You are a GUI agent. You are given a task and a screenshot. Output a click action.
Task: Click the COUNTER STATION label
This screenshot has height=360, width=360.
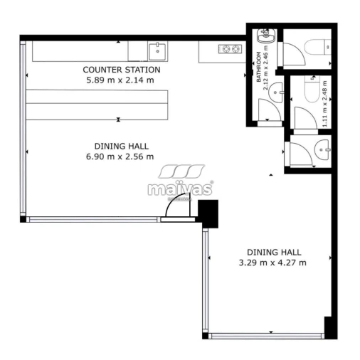point(122,70)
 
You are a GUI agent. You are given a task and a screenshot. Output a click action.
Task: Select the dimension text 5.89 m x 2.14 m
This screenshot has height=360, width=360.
point(120,80)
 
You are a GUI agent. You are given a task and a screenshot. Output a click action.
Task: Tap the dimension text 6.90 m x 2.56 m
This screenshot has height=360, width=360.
point(120,157)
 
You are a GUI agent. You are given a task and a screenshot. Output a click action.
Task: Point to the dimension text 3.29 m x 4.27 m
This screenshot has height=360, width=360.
point(272,263)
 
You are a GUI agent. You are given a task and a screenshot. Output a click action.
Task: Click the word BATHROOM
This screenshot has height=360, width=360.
point(258,67)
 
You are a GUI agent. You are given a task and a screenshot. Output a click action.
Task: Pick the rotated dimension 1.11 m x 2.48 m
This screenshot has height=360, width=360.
point(324,104)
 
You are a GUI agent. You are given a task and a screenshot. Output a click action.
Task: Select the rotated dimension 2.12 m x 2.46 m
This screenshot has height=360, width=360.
point(265,68)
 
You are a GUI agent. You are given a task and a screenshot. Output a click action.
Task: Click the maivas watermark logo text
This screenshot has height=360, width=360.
point(180,189)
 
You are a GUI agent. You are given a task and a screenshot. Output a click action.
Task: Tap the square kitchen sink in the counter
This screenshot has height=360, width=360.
point(157,51)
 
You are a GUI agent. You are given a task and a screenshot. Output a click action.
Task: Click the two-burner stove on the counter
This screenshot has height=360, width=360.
point(231,49)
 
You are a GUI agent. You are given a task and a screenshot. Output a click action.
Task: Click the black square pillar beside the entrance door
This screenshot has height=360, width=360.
point(208,213)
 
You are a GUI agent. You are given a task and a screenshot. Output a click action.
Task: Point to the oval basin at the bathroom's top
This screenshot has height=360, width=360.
point(266,36)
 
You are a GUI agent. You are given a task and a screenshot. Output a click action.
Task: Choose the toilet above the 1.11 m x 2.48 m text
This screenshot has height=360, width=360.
point(312,89)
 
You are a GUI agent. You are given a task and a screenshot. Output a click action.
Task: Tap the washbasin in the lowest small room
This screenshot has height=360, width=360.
point(322,149)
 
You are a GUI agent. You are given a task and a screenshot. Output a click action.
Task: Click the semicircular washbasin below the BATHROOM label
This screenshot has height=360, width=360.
point(275,92)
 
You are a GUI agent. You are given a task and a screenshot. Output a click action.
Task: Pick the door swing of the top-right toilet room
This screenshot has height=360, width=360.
point(294,54)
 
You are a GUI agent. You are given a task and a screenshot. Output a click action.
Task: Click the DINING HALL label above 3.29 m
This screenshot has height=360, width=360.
point(274,252)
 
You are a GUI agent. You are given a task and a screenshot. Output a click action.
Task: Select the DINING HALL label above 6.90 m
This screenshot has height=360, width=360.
point(122,146)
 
